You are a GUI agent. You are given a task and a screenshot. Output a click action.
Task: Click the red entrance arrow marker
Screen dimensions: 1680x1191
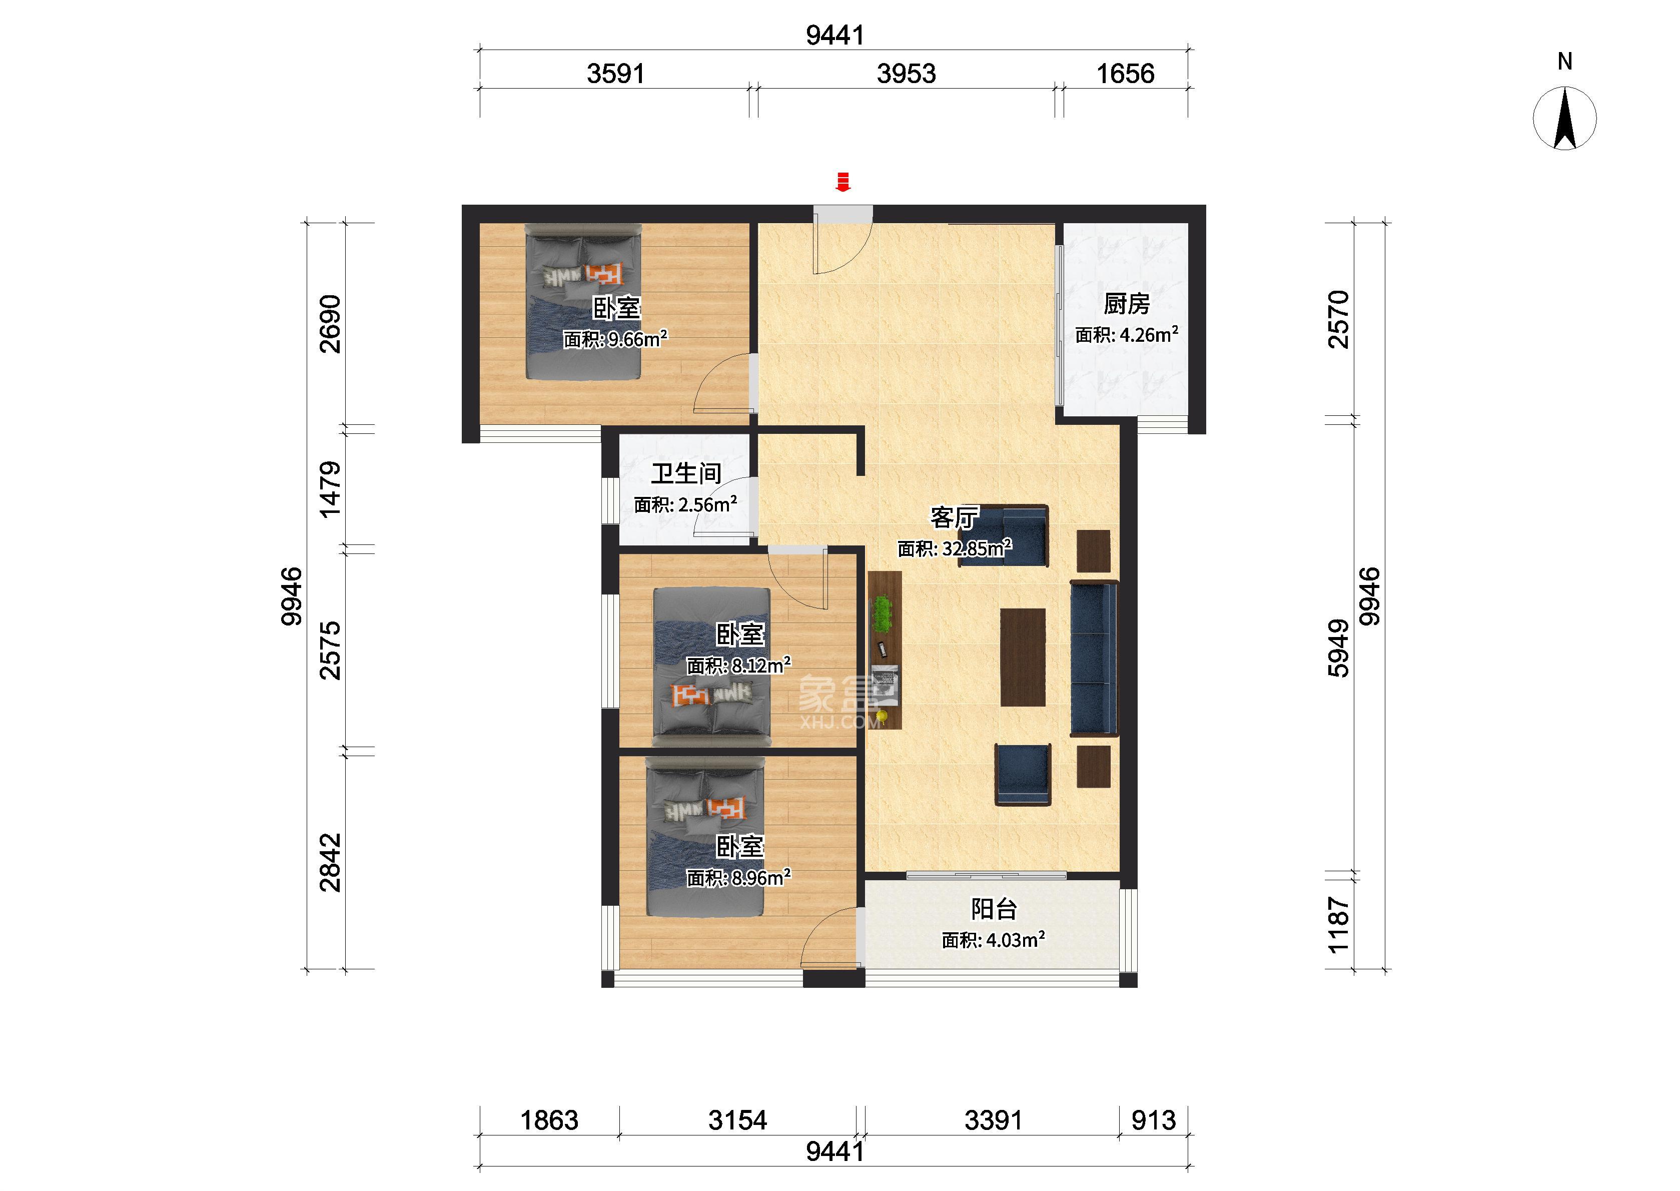pyautogui.click(x=843, y=182)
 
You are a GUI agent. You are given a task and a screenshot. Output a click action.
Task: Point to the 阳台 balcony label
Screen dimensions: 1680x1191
pyautogui.click(x=994, y=909)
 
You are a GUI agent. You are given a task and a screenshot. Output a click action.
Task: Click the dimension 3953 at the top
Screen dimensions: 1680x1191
pyautogui.click(x=906, y=74)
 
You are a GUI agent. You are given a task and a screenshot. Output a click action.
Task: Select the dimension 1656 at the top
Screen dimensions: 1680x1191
pyautogui.click(x=1125, y=74)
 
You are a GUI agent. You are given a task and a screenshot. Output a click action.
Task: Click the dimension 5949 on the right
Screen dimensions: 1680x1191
pyautogui.click(x=1338, y=649)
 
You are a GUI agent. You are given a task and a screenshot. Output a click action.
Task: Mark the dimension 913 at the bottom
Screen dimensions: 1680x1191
pyautogui.click(x=1154, y=1120)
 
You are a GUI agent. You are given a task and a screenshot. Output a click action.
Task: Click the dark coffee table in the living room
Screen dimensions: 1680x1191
pyautogui.click(x=1023, y=657)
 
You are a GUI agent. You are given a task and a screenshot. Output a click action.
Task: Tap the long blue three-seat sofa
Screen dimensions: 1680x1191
pyautogui.click(x=1094, y=658)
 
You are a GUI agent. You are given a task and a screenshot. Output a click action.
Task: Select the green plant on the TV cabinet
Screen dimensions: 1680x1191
pyautogui.click(x=883, y=613)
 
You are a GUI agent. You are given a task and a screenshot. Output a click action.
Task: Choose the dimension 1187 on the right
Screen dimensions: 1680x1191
pyautogui.click(x=1338, y=925)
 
